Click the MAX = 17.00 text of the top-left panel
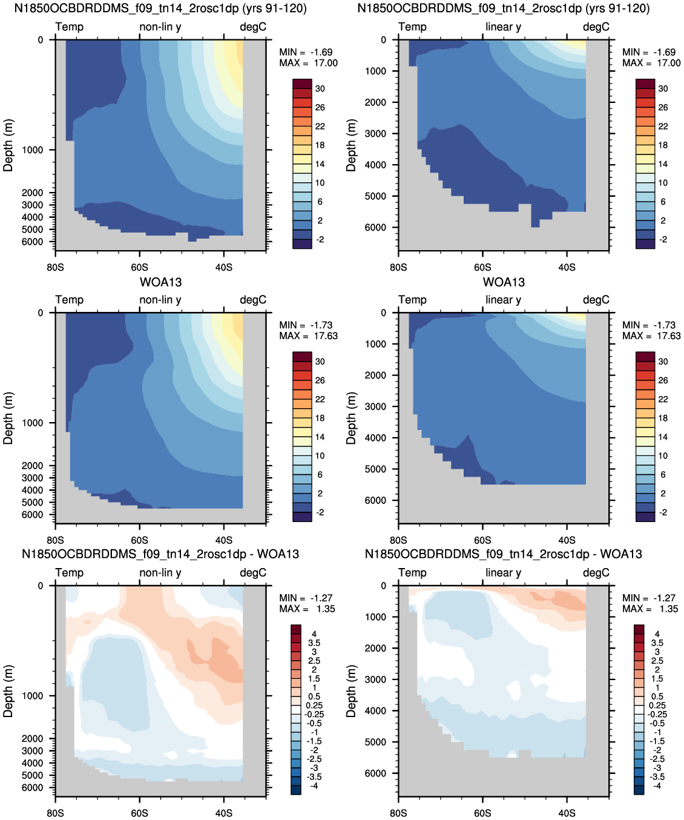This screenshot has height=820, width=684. coord(308,63)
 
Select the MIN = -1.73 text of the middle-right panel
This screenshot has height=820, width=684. coord(649,325)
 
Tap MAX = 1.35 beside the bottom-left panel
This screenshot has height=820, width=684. coord(307,609)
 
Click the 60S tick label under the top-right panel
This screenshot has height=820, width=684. coord(482,268)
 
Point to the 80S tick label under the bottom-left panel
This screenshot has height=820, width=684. coord(55,813)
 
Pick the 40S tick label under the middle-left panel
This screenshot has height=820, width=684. coord(224,540)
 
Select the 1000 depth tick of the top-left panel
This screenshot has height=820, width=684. coord(32,150)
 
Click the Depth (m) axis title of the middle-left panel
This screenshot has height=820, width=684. coord(8,418)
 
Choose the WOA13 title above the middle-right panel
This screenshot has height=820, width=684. coord(504,282)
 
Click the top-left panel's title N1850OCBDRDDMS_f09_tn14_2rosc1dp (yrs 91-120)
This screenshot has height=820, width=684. coord(160,8)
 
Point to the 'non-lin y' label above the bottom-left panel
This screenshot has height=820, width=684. coord(160,572)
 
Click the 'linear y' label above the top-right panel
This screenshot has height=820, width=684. coord(504,27)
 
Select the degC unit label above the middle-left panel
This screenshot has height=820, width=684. coord(253,300)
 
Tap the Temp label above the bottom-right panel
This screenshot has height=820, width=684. coord(412,572)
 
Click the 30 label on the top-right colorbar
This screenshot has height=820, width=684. coord(663,88)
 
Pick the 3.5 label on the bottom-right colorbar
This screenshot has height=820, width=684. coord(657,643)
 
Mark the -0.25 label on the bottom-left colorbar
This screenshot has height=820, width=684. coord(313,715)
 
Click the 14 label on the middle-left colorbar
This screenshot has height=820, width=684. coord(320,437)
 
